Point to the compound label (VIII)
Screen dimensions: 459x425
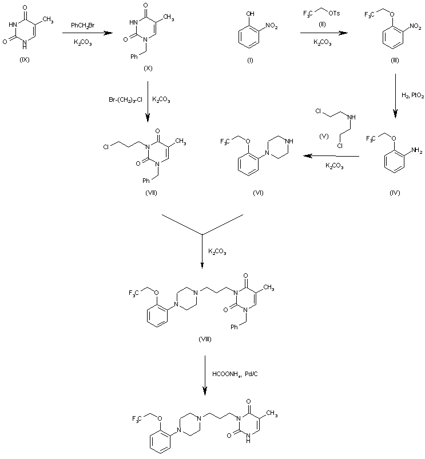point(203,339)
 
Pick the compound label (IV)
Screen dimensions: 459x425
point(393,193)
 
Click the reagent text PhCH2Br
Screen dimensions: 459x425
point(84,26)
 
